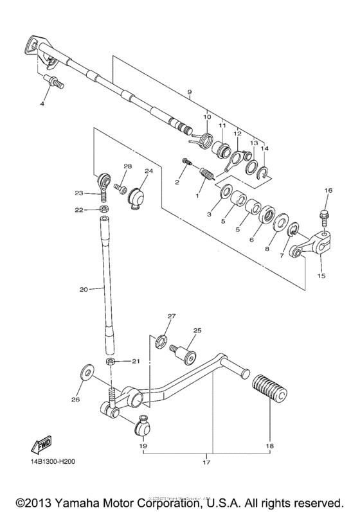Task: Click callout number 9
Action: (x=190, y=93)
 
